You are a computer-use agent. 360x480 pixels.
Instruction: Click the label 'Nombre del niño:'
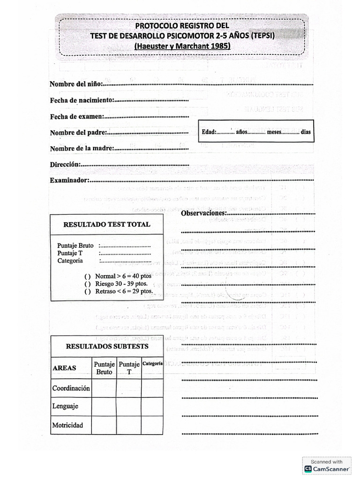click(x=75, y=84)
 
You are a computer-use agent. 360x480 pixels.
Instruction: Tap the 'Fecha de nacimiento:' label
click(x=82, y=100)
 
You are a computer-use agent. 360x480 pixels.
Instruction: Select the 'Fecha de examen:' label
click(x=77, y=116)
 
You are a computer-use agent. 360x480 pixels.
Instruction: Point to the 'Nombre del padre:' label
click(x=78, y=132)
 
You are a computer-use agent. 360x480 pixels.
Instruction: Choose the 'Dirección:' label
click(x=65, y=164)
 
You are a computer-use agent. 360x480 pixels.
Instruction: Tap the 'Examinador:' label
click(x=69, y=180)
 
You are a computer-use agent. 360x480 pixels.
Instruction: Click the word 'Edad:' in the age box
click(x=209, y=132)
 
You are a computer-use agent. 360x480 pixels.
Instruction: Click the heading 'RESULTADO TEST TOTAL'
click(x=107, y=224)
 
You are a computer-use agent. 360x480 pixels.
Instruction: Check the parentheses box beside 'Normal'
click(x=88, y=276)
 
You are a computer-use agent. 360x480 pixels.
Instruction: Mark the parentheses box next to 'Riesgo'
click(x=88, y=284)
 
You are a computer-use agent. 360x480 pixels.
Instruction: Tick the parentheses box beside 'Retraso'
click(x=88, y=291)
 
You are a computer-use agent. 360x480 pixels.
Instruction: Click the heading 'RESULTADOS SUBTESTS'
click(x=107, y=346)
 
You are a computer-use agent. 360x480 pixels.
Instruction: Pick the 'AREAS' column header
click(x=64, y=368)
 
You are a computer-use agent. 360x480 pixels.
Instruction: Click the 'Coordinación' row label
click(x=71, y=388)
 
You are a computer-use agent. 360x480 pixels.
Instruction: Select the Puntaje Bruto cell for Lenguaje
click(x=104, y=406)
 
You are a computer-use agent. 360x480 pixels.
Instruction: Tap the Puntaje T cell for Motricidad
click(x=129, y=425)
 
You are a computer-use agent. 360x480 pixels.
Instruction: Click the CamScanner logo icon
click(x=308, y=468)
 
